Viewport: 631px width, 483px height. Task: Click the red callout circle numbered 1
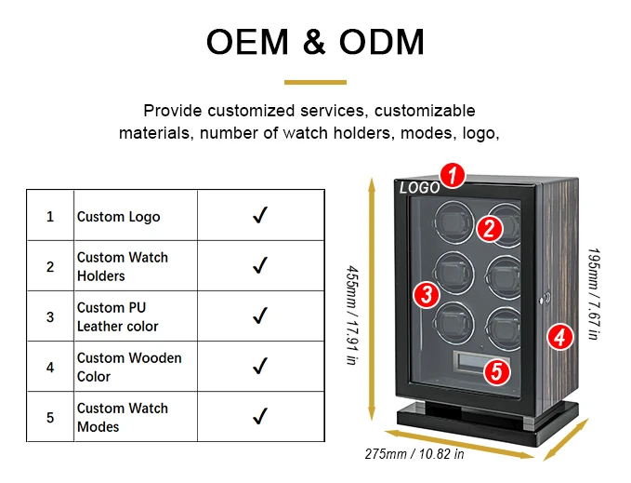pyautogui.click(x=452, y=174)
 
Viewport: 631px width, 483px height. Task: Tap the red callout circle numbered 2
pyautogui.click(x=491, y=228)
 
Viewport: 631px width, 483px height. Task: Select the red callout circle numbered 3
pyautogui.click(x=426, y=294)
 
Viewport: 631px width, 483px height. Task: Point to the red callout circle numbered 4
pyautogui.click(x=559, y=336)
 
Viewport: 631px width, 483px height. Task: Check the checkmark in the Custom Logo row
pyautogui.click(x=260, y=216)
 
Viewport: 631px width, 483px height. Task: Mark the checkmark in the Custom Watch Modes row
pyautogui.click(x=260, y=416)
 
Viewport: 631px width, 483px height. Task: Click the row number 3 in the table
pyautogui.click(x=50, y=316)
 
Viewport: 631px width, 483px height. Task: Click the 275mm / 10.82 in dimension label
pyautogui.click(x=414, y=455)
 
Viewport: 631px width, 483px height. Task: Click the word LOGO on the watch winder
pyautogui.click(x=419, y=188)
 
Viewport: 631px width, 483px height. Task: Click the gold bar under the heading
pyautogui.click(x=314, y=82)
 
